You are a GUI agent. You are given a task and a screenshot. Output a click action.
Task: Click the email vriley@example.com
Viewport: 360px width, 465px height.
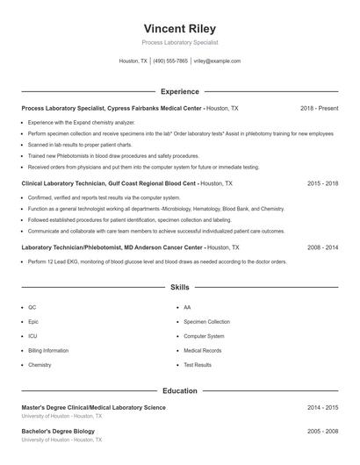coord(217,61)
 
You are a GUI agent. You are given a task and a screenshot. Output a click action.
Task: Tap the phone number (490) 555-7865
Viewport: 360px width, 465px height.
coord(170,61)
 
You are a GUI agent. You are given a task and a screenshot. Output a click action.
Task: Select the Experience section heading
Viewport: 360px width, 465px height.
coord(179,91)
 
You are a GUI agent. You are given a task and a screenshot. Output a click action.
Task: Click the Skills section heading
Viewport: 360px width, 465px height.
coord(179,287)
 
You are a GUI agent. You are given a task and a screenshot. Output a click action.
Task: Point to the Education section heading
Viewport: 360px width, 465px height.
coord(179,390)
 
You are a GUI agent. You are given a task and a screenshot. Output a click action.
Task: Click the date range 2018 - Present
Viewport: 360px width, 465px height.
coord(319,108)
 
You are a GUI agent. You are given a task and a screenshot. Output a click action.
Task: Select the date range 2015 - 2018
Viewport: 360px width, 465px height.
coord(322,184)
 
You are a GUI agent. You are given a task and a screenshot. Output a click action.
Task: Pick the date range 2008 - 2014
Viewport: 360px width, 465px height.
coord(322,248)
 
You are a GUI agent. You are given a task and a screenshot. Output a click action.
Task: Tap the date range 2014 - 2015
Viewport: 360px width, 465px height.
coord(322,408)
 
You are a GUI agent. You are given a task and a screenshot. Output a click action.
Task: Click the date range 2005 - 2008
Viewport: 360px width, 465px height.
coord(322,432)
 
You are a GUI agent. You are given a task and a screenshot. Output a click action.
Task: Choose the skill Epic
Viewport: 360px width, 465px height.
coord(32,322)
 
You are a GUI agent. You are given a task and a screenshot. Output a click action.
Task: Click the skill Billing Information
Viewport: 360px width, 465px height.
coord(48,350)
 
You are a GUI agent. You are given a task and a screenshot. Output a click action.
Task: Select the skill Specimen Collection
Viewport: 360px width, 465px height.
coord(206,322)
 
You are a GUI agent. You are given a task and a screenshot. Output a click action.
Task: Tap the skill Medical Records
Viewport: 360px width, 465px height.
coord(202,350)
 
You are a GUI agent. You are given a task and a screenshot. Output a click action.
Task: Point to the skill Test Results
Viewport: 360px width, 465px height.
coord(198,364)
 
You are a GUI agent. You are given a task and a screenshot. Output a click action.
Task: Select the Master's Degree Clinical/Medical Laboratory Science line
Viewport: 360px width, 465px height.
coord(93,408)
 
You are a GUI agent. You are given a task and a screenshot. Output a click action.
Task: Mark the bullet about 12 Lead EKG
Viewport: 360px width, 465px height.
coord(157,261)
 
